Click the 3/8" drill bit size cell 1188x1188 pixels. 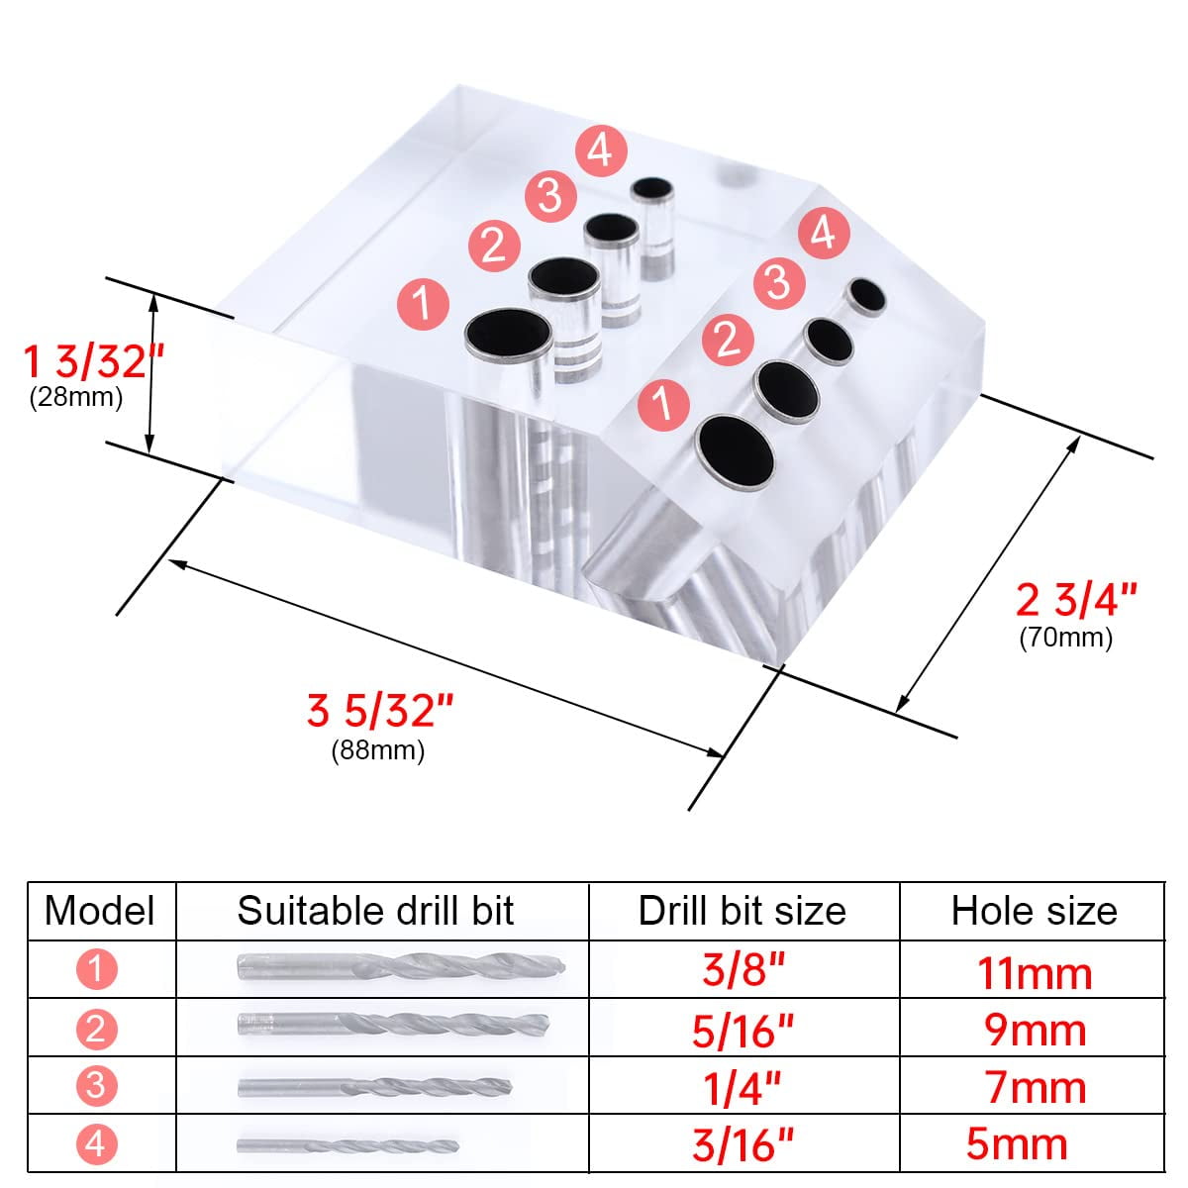point(742,969)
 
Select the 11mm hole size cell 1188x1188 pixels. point(1035,973)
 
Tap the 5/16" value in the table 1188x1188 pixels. point(742,1031)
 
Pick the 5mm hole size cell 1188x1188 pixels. point(1017,1143)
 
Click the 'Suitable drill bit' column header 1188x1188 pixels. point(375,910)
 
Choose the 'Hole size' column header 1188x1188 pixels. point(1034,910)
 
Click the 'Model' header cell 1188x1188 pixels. point(100,910)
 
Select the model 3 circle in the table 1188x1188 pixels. point(96,1086)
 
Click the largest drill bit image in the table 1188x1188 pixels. point(401,967)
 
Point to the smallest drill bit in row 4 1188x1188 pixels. point(346,1144)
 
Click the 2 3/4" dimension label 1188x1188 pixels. point(1077,599)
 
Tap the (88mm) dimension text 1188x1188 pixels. point(377,750)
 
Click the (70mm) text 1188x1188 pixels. point(1065,637)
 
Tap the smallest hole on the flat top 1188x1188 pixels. point(651,189)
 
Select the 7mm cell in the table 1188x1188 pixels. point(1035,1087)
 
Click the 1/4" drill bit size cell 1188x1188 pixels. point(742,1087)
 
